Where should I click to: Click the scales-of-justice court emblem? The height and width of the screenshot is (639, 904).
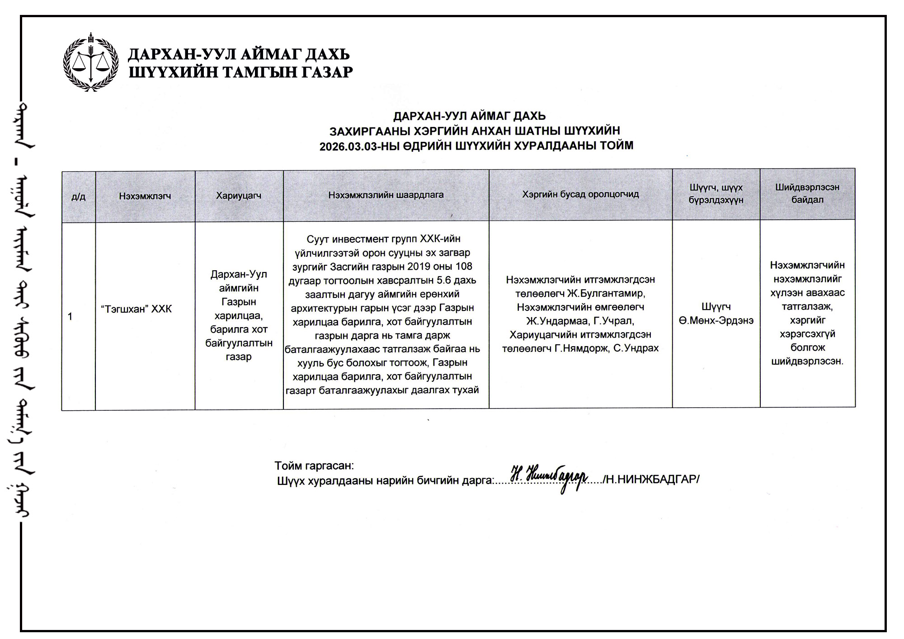click(91, 62)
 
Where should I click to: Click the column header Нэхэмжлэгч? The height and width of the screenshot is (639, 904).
click(145, 196)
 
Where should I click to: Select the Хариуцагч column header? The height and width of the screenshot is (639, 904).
click(239, 196)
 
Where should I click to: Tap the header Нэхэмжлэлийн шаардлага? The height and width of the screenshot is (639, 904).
click(386, 195)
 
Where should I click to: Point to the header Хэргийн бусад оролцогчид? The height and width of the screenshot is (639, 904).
click(580, 194)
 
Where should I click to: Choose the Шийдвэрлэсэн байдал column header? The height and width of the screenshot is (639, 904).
click(807, 193)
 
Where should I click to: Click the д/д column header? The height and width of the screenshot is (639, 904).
click(78, 197)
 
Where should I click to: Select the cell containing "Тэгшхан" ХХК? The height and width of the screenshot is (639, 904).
click(136, 309)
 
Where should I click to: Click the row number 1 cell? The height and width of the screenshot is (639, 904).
click(70, 316)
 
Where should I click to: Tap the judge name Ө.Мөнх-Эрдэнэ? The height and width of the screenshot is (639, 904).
click(716, 321)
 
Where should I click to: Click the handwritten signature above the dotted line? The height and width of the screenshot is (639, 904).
click(549, 477)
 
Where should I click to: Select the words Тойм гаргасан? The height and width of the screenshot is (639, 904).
click(314, 465)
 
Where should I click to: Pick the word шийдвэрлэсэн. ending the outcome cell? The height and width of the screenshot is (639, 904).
click(807, 362)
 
